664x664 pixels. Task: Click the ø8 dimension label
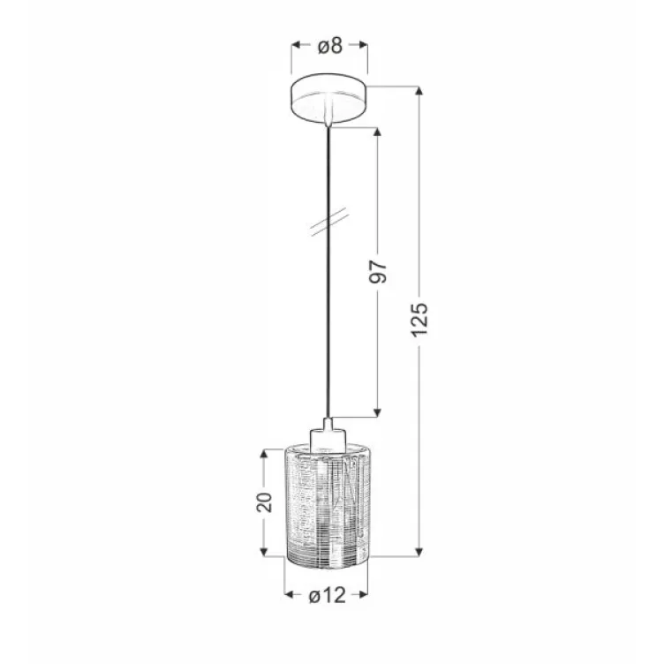click(330, 47)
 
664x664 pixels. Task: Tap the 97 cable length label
click(377, 273)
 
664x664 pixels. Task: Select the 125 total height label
click(419, 319)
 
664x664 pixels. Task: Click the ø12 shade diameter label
click(328, 596)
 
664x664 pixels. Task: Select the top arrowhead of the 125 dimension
click(419, 92)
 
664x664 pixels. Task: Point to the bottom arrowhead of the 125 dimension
click(419, 552)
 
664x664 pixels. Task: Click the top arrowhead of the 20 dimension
click(264, 455)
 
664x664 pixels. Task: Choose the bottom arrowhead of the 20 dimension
click(264, 552)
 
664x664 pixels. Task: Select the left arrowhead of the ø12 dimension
click(289, 596)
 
